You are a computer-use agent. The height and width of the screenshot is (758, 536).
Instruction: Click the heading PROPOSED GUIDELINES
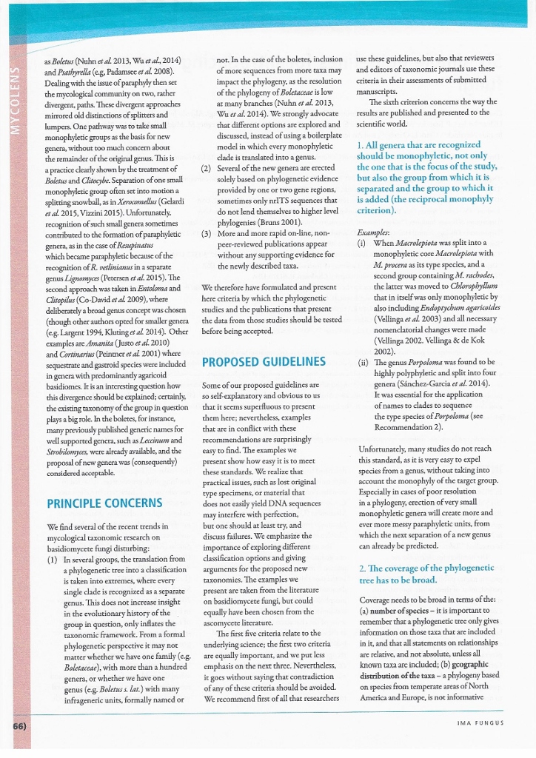pyautogui.click(x=264, y=361)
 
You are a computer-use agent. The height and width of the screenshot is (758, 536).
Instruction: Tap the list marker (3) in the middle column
pyautogui.click(x=207, y=233)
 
